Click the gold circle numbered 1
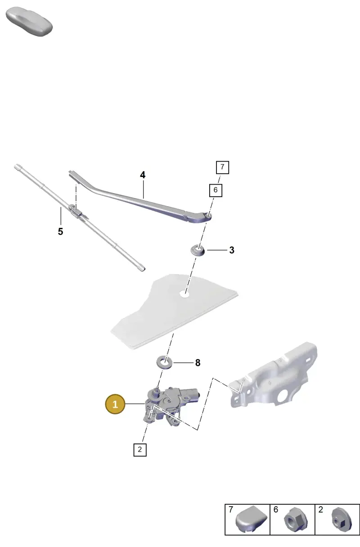(x=115, y=404)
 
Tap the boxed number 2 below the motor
(x=140, y=450)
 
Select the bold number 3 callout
(x=232, y=250)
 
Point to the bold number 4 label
(x=143, y=175)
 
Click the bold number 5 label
(x=61, y=231)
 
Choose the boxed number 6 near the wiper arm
(x=216, y=190)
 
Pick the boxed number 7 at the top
(x=222, y=167)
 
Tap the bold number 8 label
(x=198, y=363)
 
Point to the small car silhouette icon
(x=29, y=22)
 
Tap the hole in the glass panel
(x=184, y=294)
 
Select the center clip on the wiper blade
(x=76, y=211)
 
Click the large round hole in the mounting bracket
(x=283, y=397)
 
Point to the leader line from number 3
(x=217, y=250)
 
